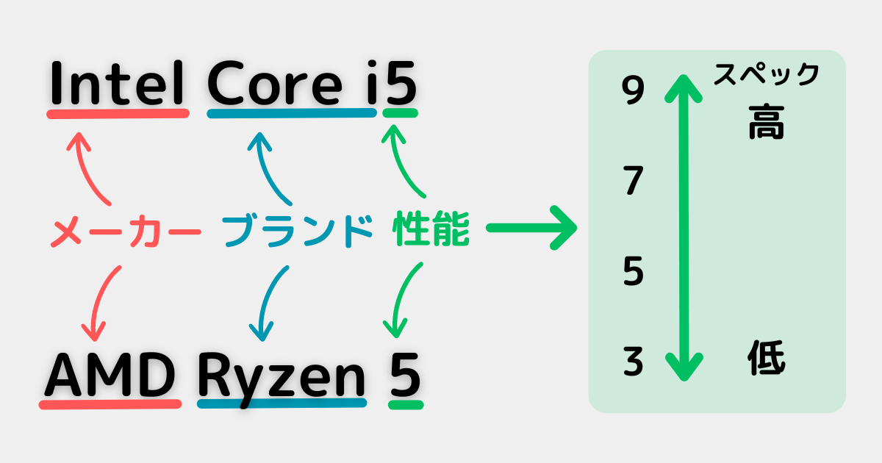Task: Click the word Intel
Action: (x=117, y=85)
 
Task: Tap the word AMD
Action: (x=110, y=376)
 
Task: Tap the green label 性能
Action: (x=431, y=231)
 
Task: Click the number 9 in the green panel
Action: (x=632, y=91)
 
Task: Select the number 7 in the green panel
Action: (x=633, y=182)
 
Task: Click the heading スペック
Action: (x=766, y=74)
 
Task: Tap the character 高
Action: (x=767, y=123)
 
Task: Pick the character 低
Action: (x=767, y=360)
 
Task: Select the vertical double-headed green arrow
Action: (x=684, y=228)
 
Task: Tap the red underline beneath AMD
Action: (x=110, y=404)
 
